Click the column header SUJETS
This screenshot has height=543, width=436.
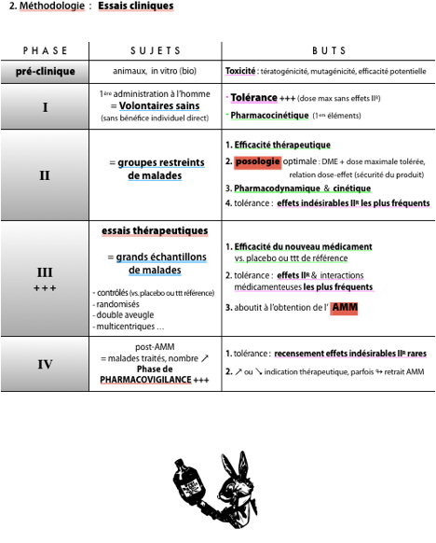pos(156,51)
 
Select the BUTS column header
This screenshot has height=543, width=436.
pos(329,51)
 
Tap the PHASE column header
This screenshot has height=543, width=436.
pos(45,51)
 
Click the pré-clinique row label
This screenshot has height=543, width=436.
pos(46,71)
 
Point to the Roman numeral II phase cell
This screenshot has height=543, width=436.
pos(45,175)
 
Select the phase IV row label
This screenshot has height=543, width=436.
pos(45,364)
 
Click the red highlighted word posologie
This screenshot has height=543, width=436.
pos(257,161)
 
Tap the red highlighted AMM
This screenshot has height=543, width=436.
pos(345,308)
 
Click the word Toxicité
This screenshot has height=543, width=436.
pos(240,71)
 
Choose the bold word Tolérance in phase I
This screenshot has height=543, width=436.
pos(253,98)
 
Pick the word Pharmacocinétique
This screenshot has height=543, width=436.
pos(269,115)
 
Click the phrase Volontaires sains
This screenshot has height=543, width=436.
pos(159,105)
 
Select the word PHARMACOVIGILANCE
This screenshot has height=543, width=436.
pos(145,380)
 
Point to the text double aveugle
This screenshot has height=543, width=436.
pos(125,315)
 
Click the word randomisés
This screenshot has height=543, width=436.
pos(118,304)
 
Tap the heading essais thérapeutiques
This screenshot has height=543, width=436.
pos(155,230)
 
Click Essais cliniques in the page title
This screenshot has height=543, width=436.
pos(136,6)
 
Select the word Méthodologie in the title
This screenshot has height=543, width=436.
pos(52,6)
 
